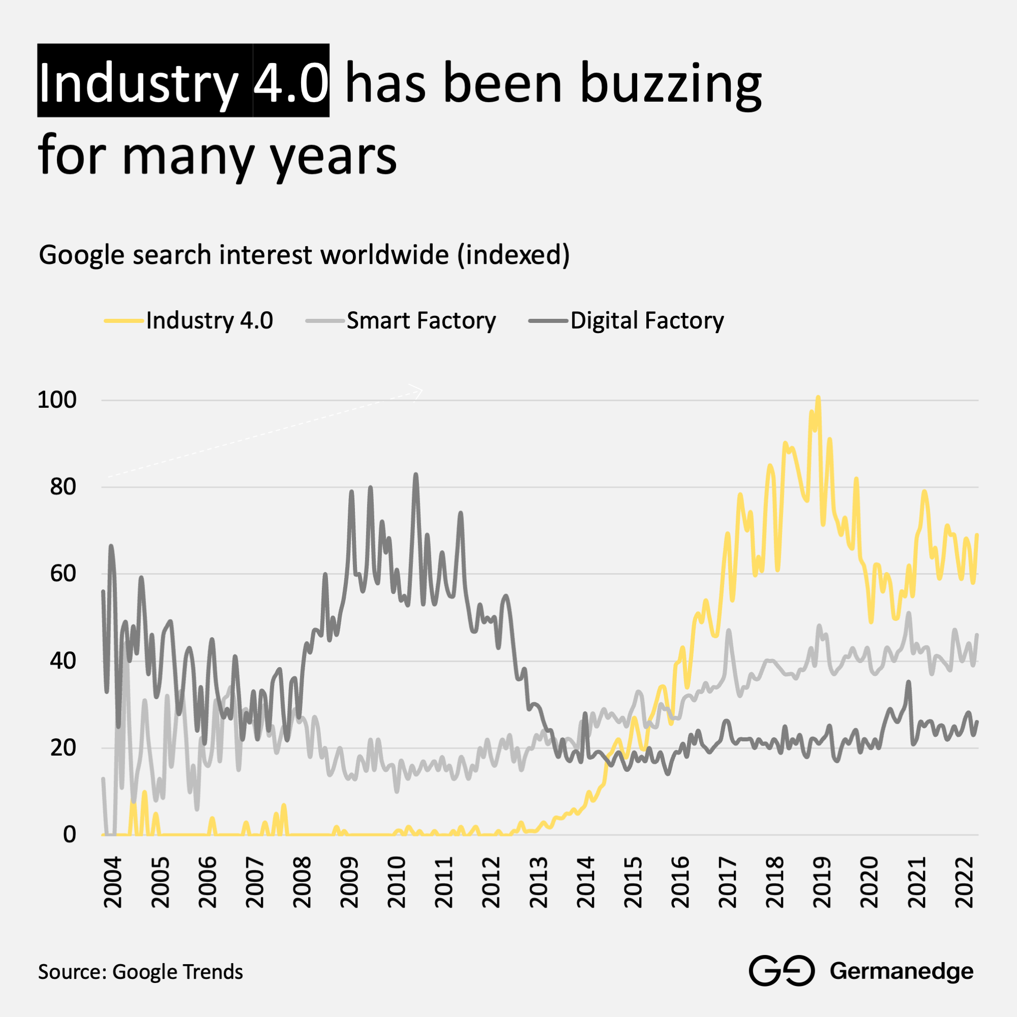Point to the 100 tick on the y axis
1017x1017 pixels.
[57, 400]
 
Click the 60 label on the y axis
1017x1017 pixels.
[63, 574]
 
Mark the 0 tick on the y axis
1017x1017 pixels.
[70, 835]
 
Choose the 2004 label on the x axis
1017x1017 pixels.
[113, 882]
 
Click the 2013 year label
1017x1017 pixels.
[539, 882]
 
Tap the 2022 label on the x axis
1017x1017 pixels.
[965, 882]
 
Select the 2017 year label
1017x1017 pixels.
[728, 882]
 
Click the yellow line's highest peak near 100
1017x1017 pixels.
[818, 398]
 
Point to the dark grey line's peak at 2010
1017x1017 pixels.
[416, 475]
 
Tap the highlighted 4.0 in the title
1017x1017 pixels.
[291, 82]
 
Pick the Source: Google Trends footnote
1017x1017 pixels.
[140, 972]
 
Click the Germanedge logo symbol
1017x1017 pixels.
[782, 970]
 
